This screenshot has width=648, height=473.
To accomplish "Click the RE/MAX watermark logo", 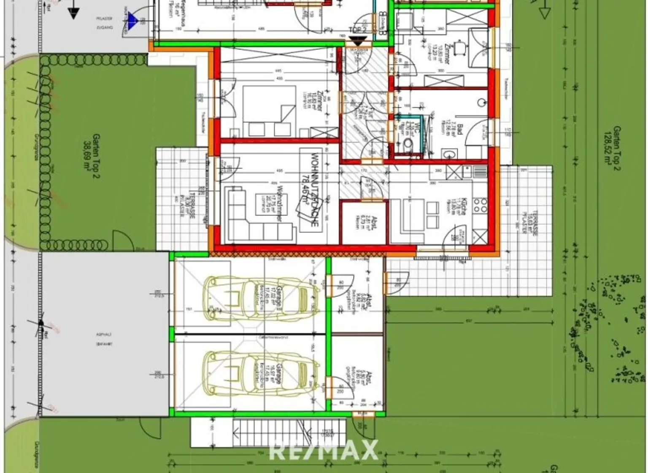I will click(324, 450).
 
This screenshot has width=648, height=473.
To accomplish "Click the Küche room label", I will click(463, 207).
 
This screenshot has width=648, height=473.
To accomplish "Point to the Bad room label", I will click(460, 129).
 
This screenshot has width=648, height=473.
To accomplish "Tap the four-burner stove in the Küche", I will click(480, 205).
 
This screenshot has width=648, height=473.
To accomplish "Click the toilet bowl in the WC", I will click(408, 144).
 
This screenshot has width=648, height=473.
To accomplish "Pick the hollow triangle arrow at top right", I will click(545, 13).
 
